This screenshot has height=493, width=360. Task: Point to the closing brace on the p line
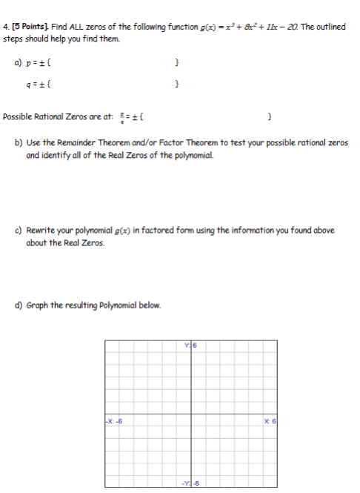coord(176,65)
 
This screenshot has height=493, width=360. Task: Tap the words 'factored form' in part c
coord(151,231)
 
